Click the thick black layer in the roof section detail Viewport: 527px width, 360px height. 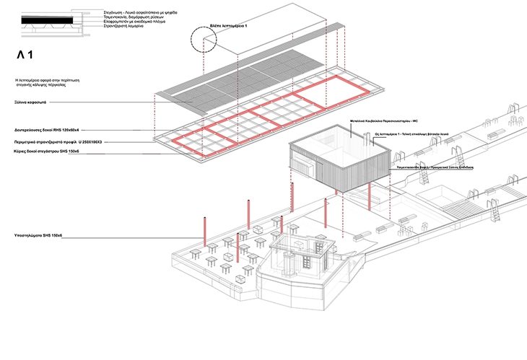pyautogui.click(x=47, y=23)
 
